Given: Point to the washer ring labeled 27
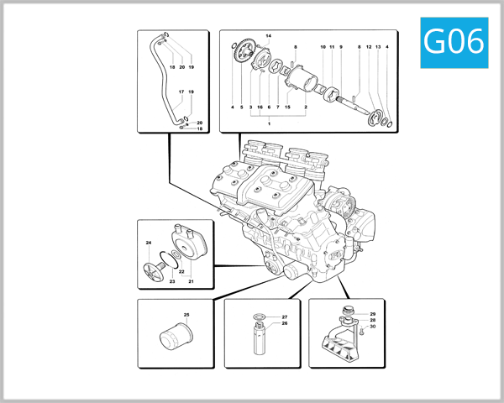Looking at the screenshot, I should tap(260, 318).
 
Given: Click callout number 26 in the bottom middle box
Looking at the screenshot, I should tap(284, 323).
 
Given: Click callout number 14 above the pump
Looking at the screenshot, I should tap(269, 37).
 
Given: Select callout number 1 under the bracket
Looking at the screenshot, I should tap(269, 123).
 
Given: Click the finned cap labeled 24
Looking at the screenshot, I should tap(151, 271).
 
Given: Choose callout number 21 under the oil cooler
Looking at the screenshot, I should tap(191, 281).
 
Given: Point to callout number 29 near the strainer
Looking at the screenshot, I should tap(372, 314).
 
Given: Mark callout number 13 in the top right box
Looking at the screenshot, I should tap(378, 47).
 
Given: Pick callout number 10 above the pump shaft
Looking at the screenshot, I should tap(323, 47).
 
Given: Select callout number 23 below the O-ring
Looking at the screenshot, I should tap(171, 281).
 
